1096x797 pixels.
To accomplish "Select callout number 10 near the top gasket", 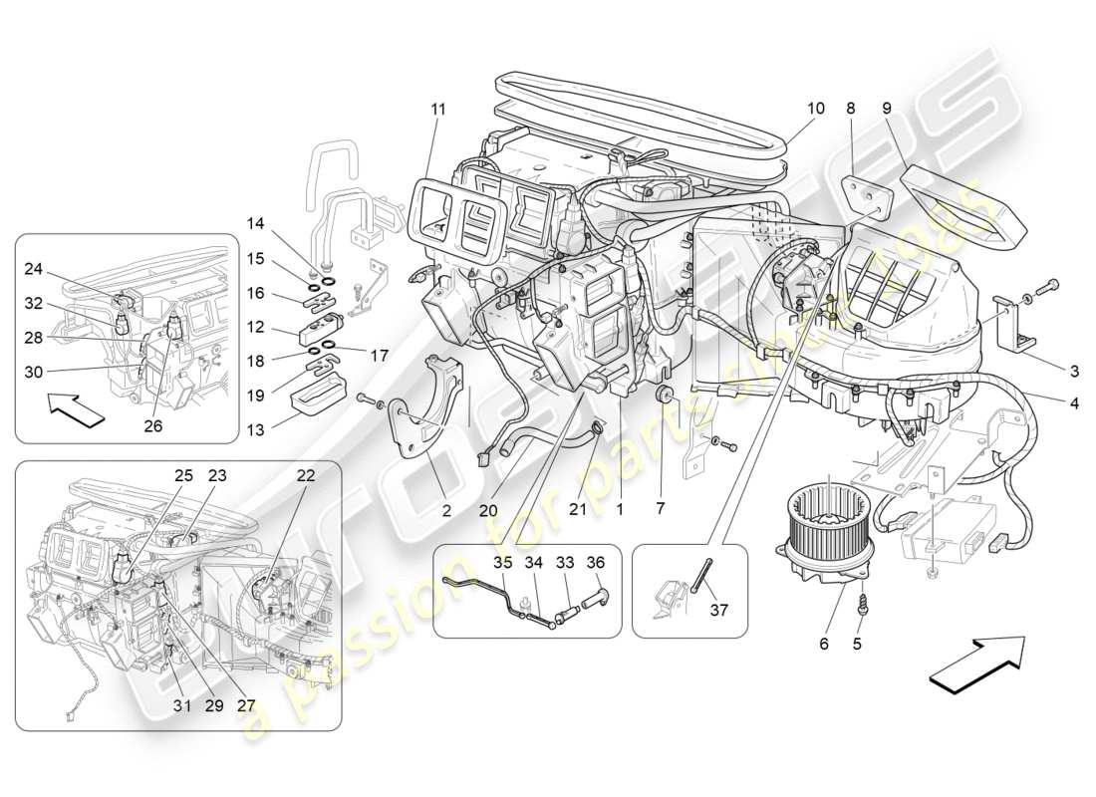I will pyautogui.click(x=816, y=108).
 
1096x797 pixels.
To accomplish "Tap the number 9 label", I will pyautogui.click(x=886, y=108).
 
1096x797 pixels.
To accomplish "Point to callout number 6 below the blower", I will pyautogui.click(x=824, y=644).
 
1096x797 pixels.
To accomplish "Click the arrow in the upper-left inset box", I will pyautogui.click(x=76, y=409).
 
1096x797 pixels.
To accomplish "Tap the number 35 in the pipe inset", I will pyautogui.click(x=503, y=563).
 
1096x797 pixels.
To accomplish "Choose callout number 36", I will pyautogui.click(x=597, y=563).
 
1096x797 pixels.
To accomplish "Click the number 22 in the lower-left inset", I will pyautogui.click(x=305, y=476).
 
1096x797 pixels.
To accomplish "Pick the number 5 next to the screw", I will pyautogui.click(x=856, y=644).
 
